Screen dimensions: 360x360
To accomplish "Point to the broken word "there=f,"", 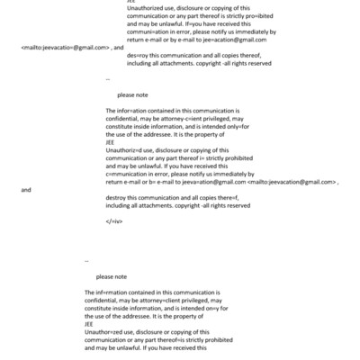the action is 231,197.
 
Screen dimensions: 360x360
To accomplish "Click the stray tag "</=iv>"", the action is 113,220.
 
